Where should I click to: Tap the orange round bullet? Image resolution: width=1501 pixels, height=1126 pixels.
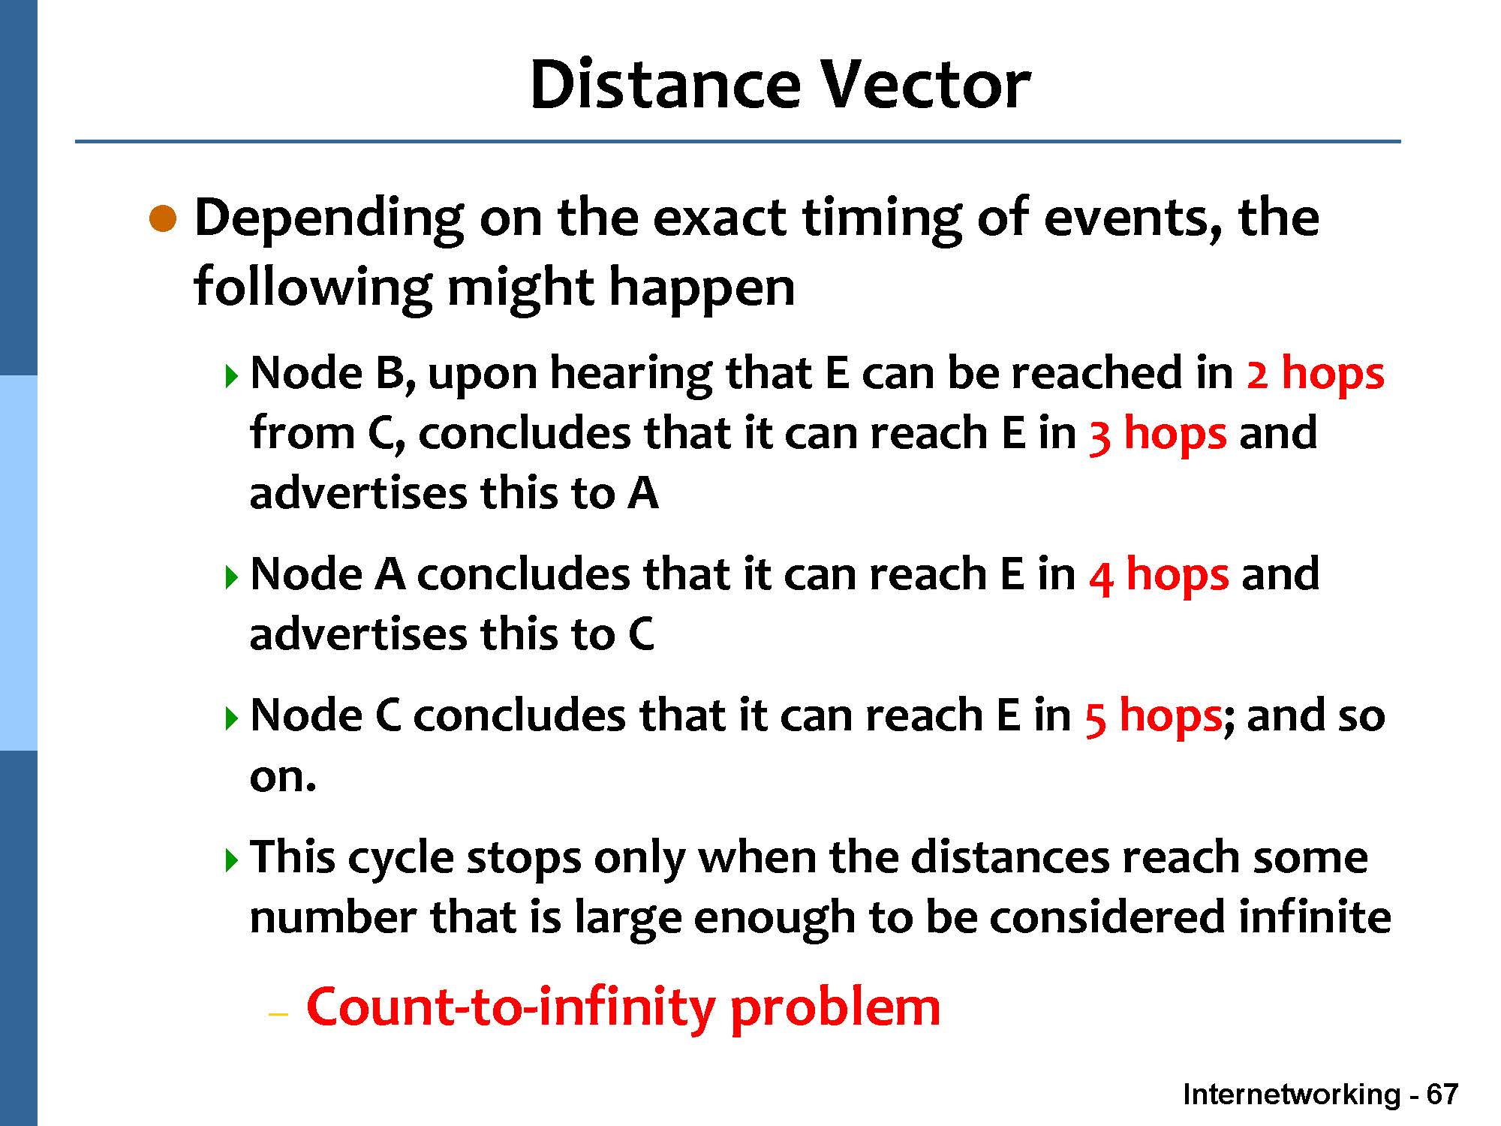coord(163,219)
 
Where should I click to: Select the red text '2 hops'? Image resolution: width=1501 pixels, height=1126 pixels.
coord(1315,373)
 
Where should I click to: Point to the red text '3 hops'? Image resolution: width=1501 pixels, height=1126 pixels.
coord(1157,434)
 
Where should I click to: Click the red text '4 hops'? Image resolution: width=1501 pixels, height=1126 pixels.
coord(1159,575)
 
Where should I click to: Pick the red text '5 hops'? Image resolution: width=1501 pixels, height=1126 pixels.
coord(1154,716)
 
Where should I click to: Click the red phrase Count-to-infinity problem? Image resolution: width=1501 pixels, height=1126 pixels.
coord(623,1007)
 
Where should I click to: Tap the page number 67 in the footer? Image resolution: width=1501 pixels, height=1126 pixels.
coord(1442,1094)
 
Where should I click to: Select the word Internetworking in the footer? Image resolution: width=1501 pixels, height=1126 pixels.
coord(1291,1095)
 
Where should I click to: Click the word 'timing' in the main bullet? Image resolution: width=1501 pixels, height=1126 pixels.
coord(882,220)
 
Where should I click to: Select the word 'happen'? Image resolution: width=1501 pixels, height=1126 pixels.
coord(701,289)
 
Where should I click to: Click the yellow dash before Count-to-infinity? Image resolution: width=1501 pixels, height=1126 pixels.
coord(278,1014)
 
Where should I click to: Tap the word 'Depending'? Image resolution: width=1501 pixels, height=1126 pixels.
coord(329,220)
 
